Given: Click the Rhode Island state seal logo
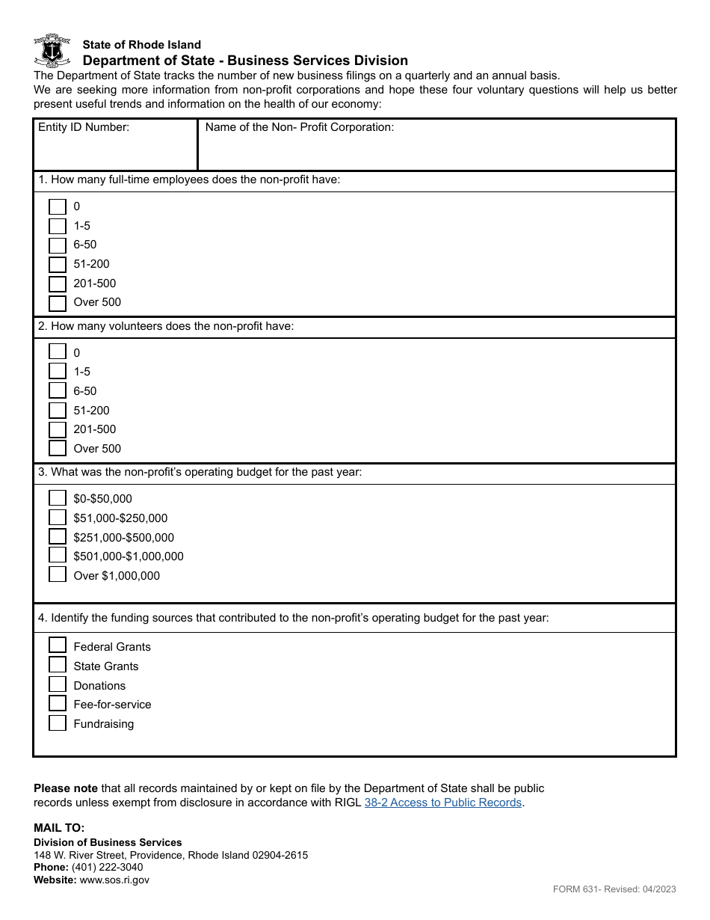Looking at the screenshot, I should coord(52,51).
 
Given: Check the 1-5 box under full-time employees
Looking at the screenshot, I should coord(58,226).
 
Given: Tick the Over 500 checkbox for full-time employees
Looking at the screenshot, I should coord(58,303).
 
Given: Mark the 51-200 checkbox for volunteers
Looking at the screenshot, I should coord(58,411).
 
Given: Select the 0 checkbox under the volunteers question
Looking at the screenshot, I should coord(58,352).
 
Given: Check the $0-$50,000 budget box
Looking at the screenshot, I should coord(58,499).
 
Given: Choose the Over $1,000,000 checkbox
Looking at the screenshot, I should coord(58,575).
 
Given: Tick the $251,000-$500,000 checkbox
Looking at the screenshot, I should coord(58,537).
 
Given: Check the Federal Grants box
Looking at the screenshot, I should coord(58,645).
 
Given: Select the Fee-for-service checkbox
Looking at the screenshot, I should coord(58,704).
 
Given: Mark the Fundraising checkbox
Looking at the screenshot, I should coord(58,723).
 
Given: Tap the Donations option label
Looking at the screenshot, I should coord(99,686).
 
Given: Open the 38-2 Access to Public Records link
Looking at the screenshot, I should coord(442,803).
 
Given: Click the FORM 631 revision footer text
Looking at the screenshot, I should coord(614,889).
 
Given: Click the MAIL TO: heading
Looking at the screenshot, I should coord(59,827).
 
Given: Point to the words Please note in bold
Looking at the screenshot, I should coord(66,788).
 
